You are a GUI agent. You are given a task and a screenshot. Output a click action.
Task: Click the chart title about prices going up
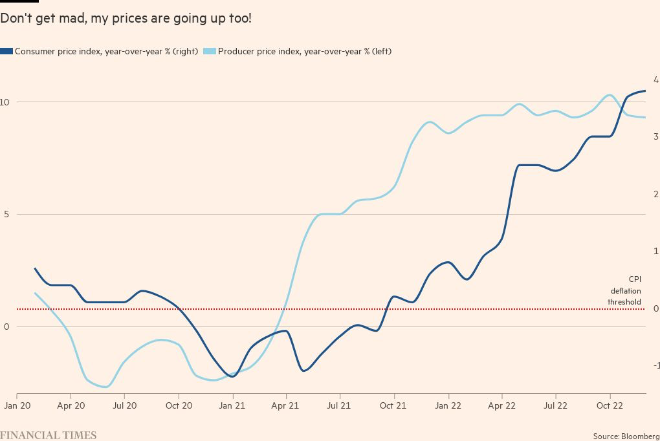126,19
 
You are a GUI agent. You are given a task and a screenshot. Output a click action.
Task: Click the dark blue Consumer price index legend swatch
6,52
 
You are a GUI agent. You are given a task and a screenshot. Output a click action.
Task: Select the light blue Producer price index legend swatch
210,52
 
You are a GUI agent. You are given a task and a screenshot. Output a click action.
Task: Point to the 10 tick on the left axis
5,102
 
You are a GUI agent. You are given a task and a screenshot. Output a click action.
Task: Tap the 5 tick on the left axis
6,214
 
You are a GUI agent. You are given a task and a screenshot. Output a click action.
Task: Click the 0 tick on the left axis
6,327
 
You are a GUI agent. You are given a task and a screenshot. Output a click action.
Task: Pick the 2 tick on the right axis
656,194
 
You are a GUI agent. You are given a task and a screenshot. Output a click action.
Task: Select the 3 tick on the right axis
656,136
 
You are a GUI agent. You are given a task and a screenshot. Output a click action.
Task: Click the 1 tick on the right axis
656,251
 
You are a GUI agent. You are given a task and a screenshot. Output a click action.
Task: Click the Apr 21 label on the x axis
286,406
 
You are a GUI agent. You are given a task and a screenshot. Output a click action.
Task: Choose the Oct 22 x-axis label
610,406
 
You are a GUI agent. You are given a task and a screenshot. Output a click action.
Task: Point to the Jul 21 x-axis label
340,406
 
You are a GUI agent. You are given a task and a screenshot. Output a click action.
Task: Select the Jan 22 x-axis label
448,406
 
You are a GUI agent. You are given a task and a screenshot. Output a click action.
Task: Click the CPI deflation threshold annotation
624,290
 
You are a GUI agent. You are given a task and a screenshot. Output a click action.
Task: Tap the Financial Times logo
49,435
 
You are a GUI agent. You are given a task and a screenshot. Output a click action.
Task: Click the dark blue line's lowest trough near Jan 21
233,376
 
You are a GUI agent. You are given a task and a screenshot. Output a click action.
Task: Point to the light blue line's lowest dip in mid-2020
105,387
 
